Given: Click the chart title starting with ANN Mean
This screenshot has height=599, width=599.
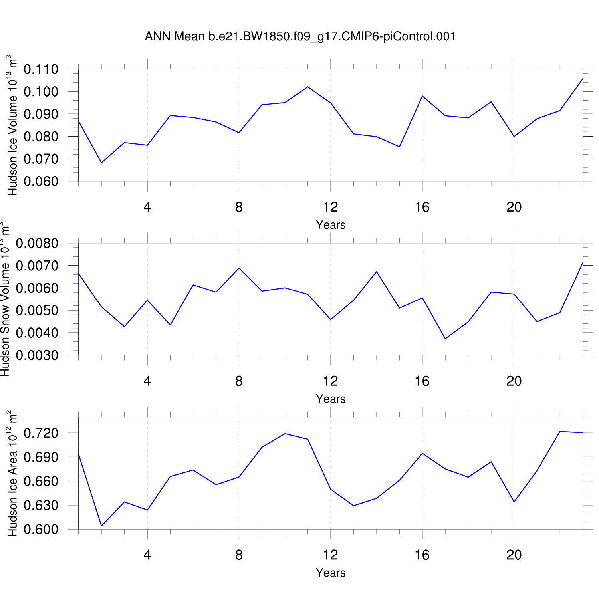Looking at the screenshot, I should tap(300, 36).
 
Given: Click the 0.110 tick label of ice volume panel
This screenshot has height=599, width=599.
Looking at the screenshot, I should tap(41, 69).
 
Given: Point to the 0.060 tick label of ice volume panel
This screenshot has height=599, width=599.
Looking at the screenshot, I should tap(41, 181).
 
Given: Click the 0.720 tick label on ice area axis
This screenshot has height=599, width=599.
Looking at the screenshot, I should tap(41, 433).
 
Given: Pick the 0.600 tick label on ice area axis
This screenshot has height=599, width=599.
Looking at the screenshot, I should tap(41, 529).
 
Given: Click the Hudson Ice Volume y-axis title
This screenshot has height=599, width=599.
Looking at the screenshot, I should tap(12, 125).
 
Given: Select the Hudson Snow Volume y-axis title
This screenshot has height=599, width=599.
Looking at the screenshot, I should tap(5, 299).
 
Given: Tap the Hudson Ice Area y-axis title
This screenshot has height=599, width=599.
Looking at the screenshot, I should tap(12, 473).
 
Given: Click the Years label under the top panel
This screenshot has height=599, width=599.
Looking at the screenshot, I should tap(331, 225).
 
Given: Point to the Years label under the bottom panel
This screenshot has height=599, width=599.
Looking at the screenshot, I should tap(331, 573).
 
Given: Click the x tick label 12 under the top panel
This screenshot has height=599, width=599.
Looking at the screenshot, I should tap(331, 207).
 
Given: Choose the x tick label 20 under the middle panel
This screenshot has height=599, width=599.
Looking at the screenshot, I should tap(514, 381).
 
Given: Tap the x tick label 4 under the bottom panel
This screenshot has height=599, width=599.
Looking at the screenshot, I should tap(147, 555).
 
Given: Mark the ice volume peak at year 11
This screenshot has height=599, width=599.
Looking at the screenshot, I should tap(308, 87).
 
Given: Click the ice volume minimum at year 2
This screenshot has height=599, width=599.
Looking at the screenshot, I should tap(101, 163).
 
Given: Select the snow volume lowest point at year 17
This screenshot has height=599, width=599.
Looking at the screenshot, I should tap(445, 339).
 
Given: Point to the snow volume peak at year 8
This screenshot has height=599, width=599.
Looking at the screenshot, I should tap(239, 268).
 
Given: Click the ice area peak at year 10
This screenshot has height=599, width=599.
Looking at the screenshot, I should tap(285, 434).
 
